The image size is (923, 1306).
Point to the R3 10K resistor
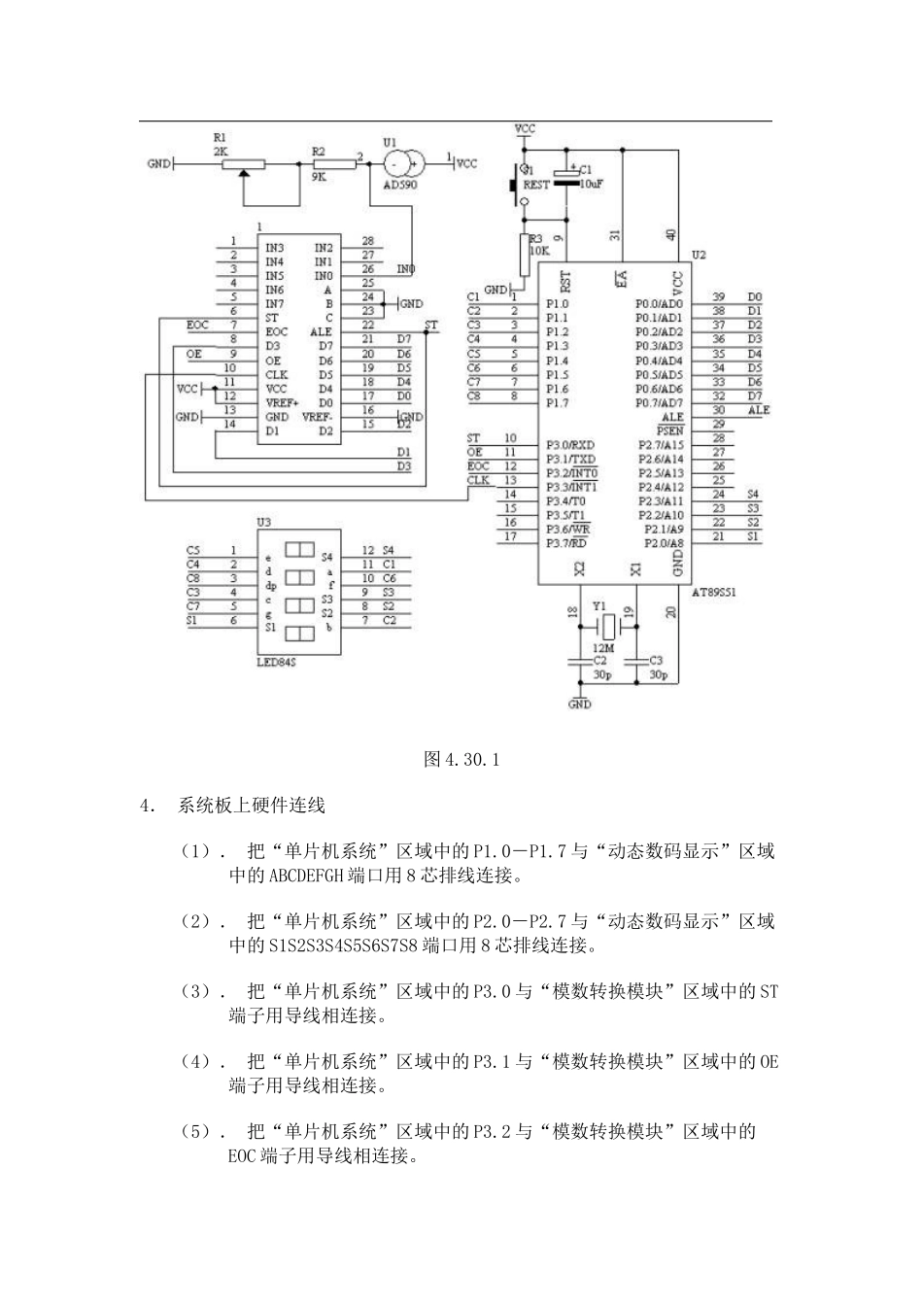(x=526, y=256)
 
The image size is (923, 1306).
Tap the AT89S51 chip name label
(x=713, y=592)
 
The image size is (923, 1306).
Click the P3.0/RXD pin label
(x=571, y=444)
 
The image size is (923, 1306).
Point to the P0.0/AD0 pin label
(x=660, y=303)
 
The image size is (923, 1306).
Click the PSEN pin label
(x=670, y=430)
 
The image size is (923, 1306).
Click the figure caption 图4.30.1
(x=461, y=759)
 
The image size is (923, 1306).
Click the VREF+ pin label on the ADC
(x=282, y=402)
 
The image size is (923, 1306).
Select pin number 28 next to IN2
(x=367, y=241)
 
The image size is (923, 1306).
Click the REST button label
(x=536, y=185)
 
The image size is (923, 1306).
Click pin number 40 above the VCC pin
(x=671, y=234)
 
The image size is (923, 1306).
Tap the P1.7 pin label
(x=557, y=402)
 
